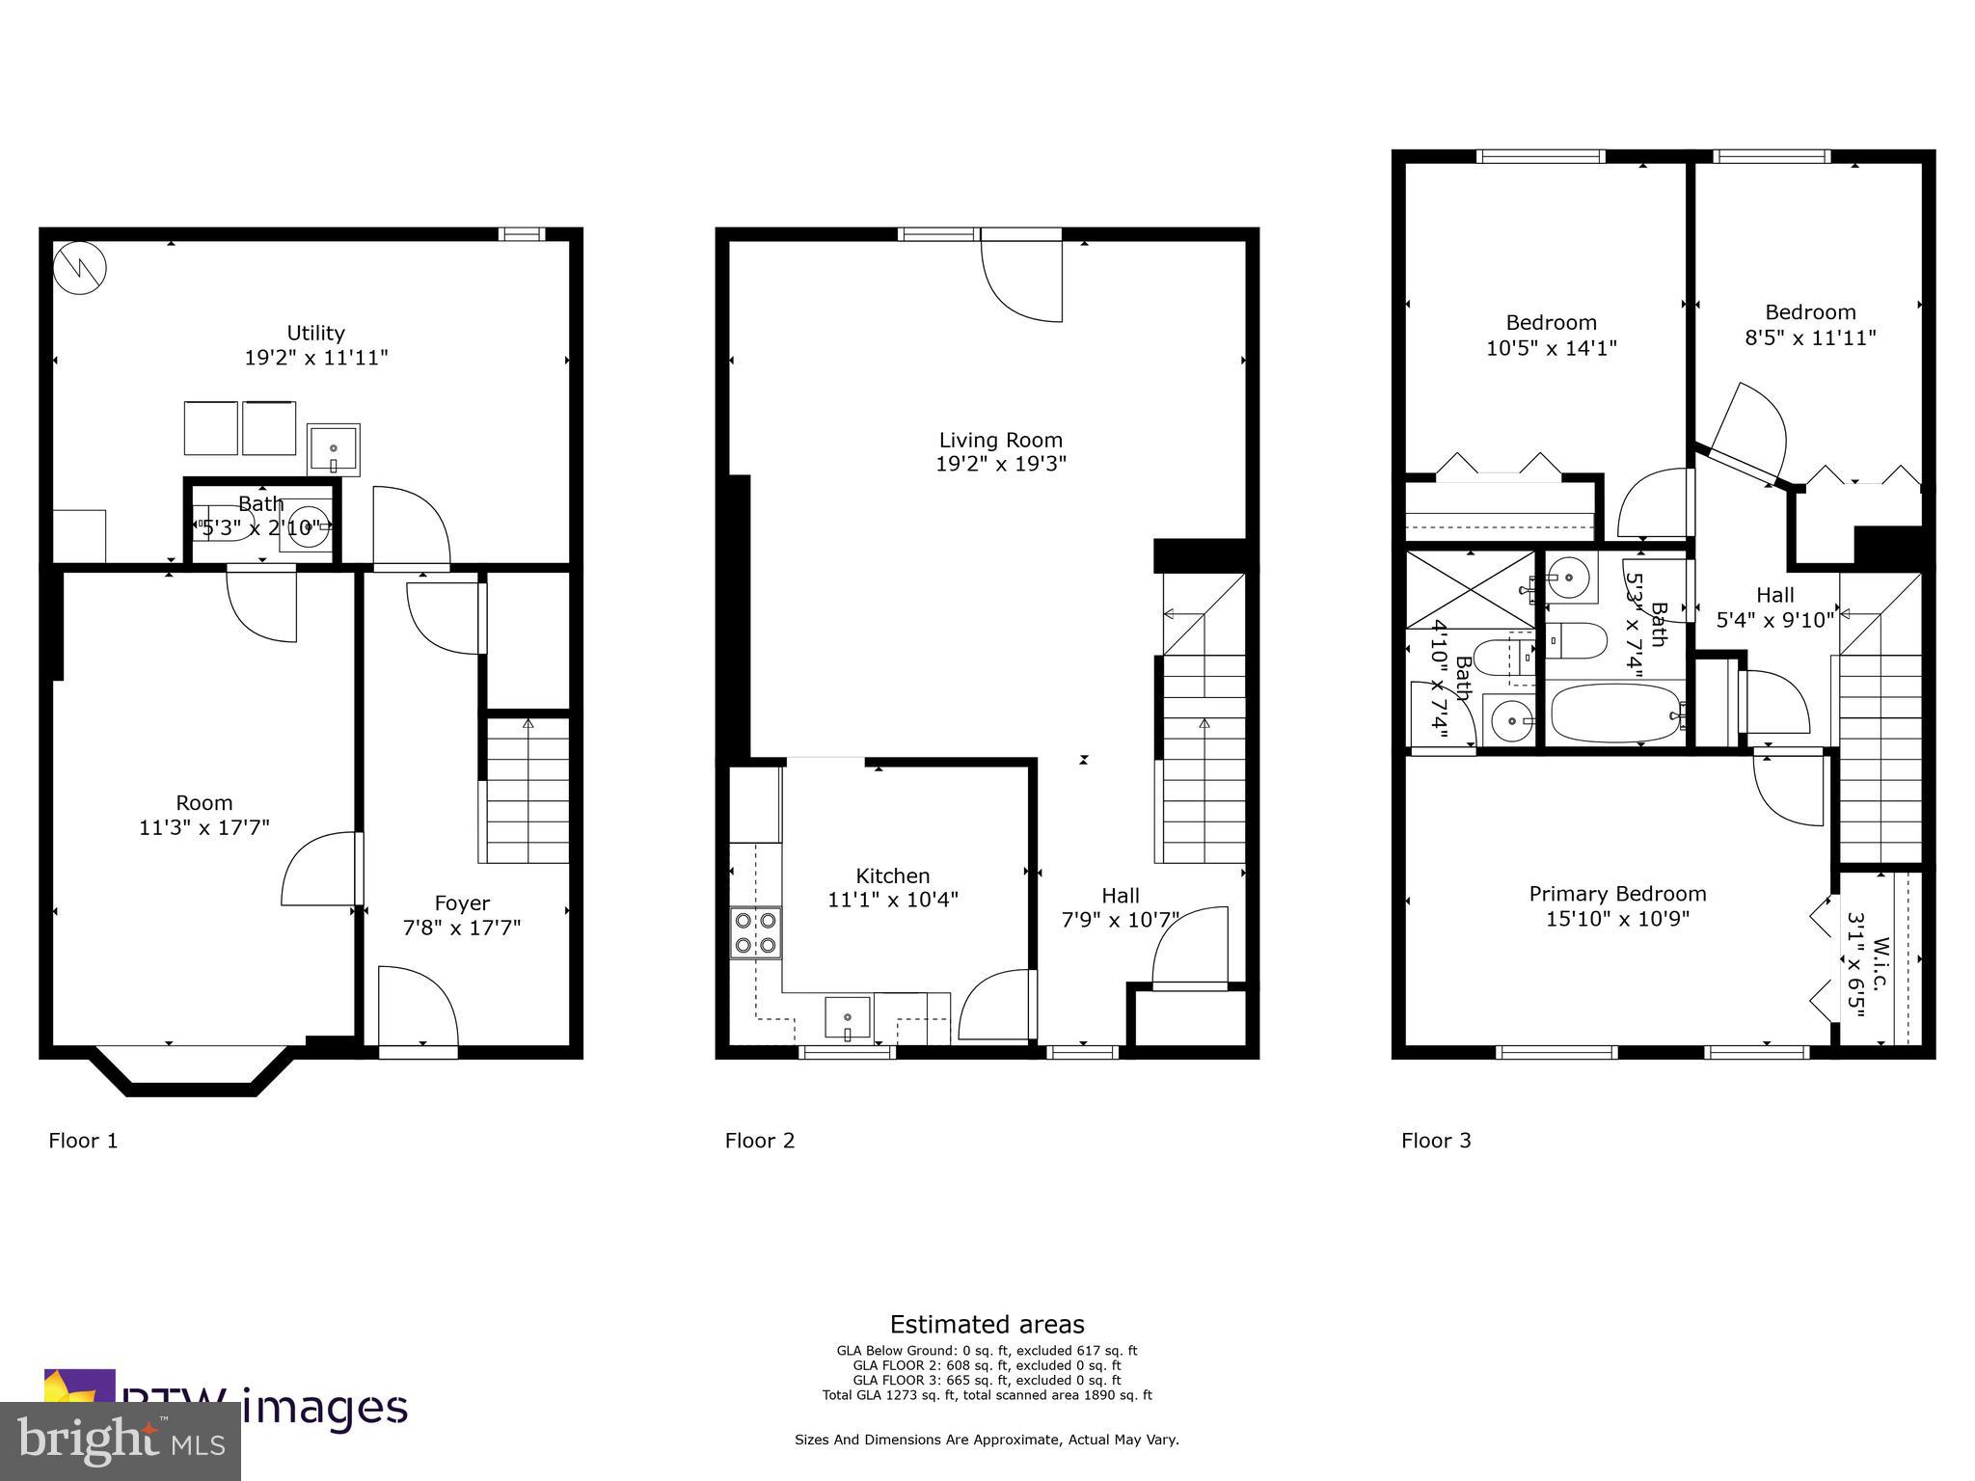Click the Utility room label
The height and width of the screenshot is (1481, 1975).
click(x=315, y=334)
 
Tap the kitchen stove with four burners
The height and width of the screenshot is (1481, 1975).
click(x=755, y=932)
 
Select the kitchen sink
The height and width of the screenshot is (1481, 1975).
click(x=847, y=1019)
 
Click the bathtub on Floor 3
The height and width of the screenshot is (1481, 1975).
click(x=1616, y=713)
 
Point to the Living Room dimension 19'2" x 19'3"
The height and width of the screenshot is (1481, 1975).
click(x=1000, y=465)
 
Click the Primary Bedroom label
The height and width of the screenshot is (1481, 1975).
click(x=1617, y=895)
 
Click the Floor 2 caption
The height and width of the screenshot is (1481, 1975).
click(x=760, y=1141)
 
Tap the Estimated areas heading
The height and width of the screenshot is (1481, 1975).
click(x=987, y=1325)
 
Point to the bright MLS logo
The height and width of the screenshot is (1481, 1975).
click(x=120, y=1441)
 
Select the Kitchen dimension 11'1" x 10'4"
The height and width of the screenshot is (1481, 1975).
click(x=892, y=901)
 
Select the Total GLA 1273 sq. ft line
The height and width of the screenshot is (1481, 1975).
click(x=987, y=1395)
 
